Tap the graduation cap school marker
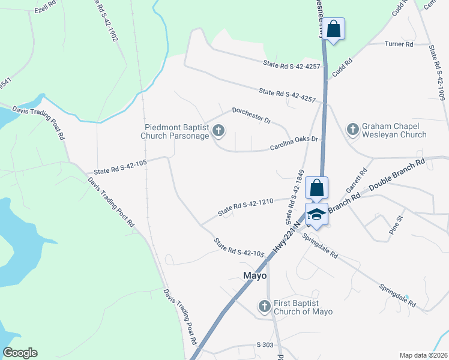316,214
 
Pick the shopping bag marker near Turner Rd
333,29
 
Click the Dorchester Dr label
252,116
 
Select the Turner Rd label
399,44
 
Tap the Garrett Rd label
355,179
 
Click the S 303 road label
265,345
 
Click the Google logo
20,353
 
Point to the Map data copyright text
423,355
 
